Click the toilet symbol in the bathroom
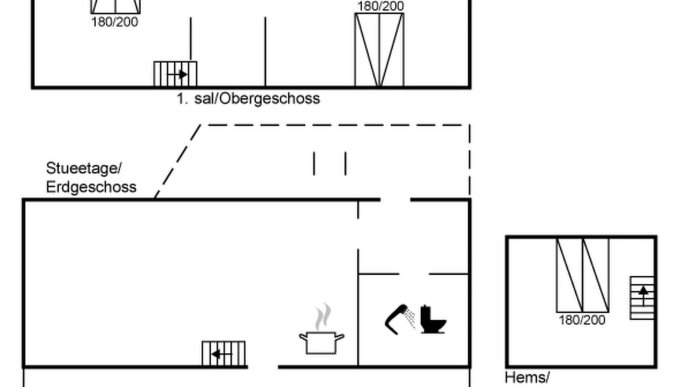tap(433, 319)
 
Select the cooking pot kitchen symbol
tap(321, 342)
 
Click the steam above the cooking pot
tap(323, 317)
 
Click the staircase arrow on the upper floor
tap(177, 74)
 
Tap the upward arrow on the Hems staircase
tap(643, 296)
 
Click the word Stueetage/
tap(84, 168)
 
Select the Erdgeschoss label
tap(91, 187)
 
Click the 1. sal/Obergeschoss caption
tap(248, 99)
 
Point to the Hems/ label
tap(527, 377)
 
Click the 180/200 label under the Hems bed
tap(582, 320)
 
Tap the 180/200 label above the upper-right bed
tap(381, 6)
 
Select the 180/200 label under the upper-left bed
tap(114, 22)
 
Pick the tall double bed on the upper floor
tap(379, 50)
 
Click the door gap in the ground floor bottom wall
tap(263, 367)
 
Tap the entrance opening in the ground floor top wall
tap(396, 200)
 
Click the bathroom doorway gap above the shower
tap(414, 274)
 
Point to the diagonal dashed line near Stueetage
tap(177, 162)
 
